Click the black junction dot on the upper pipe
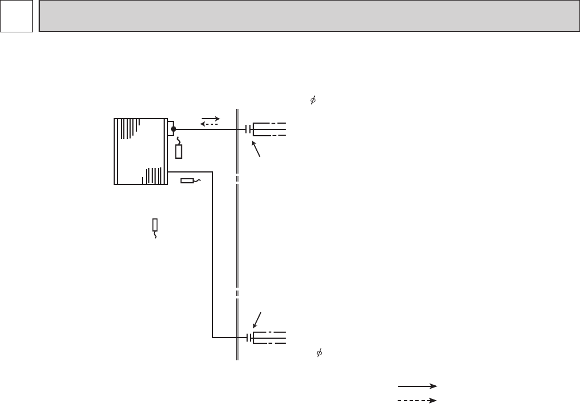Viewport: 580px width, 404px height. pos(173,129)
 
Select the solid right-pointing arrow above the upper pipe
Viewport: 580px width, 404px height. pos(210,119)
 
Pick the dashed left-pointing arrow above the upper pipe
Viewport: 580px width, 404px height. pos(210,124)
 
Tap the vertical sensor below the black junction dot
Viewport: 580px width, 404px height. pos(178,151)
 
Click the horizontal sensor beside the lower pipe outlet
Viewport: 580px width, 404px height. pos(188,181)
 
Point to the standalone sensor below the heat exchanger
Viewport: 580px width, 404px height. pos(155,225)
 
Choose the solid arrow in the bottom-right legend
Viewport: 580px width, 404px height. pos(417,386)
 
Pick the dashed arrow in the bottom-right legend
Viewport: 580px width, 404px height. pos(417,399)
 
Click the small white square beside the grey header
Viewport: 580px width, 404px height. pos(16,16)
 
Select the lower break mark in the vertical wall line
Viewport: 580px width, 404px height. pos(238,293)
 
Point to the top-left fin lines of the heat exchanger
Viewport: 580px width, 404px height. pos(128,128)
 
